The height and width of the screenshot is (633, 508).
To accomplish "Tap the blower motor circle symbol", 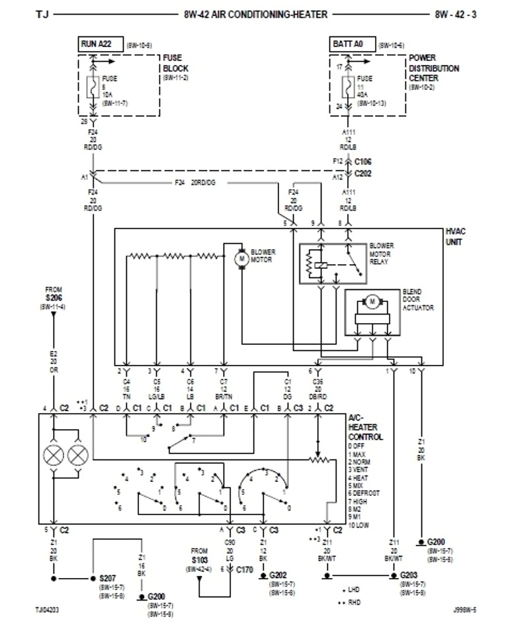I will click(x=241, y=258).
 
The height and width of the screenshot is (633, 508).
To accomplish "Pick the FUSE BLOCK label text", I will click(x=175, y=64).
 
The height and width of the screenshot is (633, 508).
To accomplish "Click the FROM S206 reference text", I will click(x=54, y=295).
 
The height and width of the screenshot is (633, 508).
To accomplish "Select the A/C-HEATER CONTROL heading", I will click(x=365, y=428).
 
